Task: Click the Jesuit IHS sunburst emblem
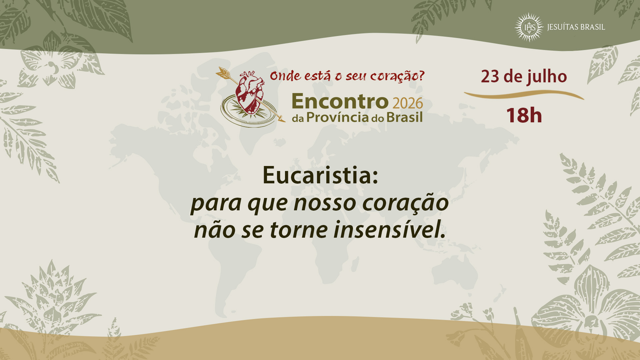pyautogui.click(x=529, y=27)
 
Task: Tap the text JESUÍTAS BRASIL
pyautogui.click(x=576, y=27)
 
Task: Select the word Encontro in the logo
pyautogui.click(x=340, y=101)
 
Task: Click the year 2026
pyautogui.click(x=408, y=103)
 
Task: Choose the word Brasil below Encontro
pyautogui.click(x=404, y=117)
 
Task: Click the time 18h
pyautogui.click(x=524, y=115)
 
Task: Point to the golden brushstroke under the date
pyautogui.click(x=524, y=95)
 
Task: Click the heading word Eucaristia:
pyautogui.click(x=320, y=175)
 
